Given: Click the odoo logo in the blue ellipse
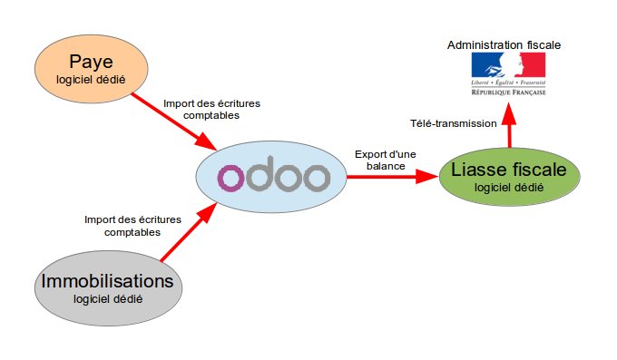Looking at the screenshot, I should tap(273, 178).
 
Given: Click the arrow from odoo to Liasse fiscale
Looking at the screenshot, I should tap(389, 178).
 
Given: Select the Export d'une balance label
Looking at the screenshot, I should tap(386, 160).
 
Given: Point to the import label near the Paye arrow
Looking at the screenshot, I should tap(201, 109).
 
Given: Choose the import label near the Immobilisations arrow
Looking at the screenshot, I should tap(132, 225).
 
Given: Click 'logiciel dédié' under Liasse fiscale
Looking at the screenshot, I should tap(509, 188).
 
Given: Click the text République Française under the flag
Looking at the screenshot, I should tap(507, 92).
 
